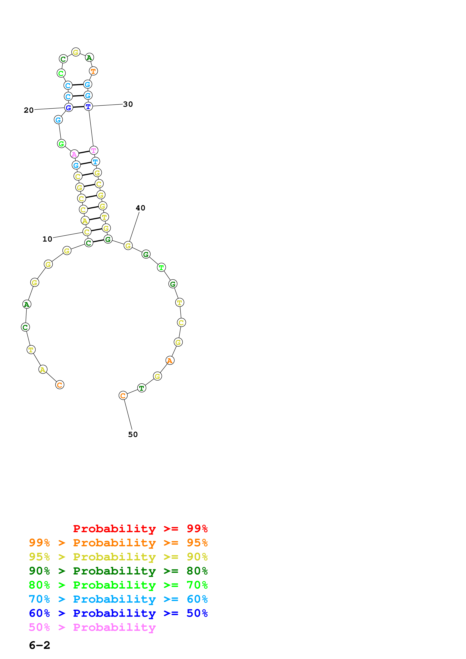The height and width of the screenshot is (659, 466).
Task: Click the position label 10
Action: click(47, 239)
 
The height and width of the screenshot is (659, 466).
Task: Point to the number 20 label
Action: click(29, 110)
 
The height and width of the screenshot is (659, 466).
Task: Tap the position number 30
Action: click(128, 104)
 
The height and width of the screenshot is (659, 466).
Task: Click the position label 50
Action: click(133, 435)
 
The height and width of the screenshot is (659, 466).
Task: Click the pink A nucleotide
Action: click(74, 154)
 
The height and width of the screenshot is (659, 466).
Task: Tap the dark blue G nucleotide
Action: click(68, 108)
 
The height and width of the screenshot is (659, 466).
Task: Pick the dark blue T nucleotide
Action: click(88, 107)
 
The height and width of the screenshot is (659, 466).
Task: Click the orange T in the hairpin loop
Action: click(93, 71)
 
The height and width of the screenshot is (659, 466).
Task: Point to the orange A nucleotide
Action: click(170, 360)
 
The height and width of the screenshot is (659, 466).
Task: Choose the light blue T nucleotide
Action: click(95, 162)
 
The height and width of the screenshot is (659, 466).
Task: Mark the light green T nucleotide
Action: click(161, 268)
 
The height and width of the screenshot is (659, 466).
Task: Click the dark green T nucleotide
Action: click(142, 388)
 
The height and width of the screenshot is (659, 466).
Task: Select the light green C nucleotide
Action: click(61, 73)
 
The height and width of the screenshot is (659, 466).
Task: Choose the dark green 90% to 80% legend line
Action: click(118, 571)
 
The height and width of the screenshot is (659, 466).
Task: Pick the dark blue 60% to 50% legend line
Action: click(118, 613)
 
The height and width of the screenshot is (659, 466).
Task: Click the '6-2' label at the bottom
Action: click(40, 645)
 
